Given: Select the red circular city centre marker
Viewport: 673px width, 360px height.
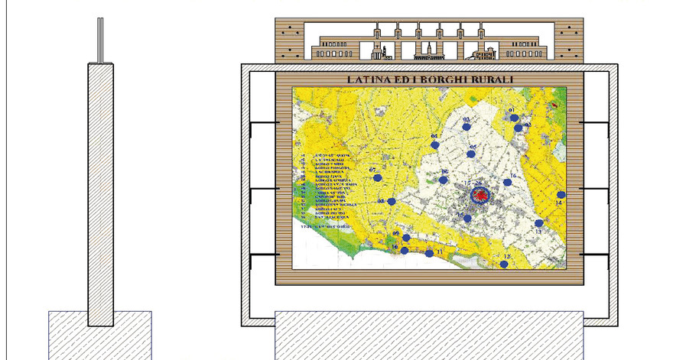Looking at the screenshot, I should point(480,196).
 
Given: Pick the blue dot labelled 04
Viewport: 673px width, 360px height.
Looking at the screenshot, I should point(435,144).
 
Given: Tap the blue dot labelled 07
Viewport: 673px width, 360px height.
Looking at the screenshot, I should point(378,177).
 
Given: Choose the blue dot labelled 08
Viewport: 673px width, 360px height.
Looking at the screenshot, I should point(392,202).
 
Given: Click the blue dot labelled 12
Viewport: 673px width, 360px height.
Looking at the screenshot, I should point(504,264).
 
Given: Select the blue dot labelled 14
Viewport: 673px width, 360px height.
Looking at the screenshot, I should point(561,194).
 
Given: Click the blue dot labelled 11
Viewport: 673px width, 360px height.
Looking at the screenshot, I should point(428,253).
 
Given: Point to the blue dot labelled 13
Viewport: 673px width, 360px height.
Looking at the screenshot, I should point(539,223).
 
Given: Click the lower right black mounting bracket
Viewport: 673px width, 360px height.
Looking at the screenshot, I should point(595,255).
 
